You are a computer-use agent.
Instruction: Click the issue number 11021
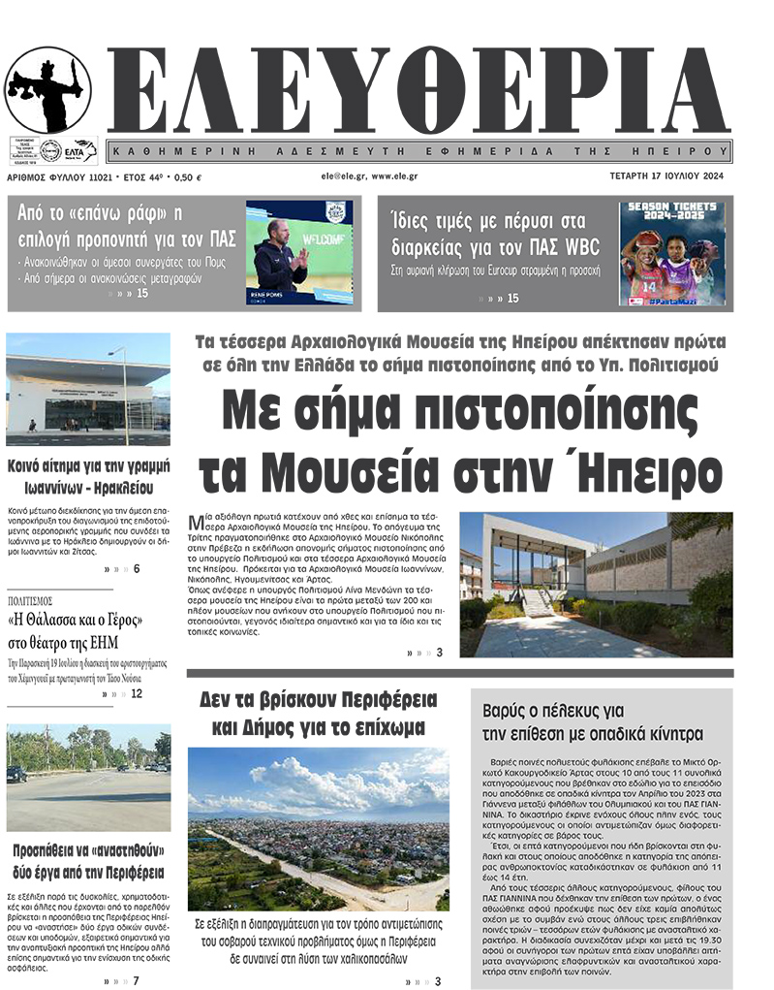point(93,177)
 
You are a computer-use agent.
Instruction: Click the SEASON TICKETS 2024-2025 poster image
point(671,253)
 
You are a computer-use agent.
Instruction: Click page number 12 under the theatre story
point(137,693)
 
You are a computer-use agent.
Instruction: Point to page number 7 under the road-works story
point(137,980)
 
